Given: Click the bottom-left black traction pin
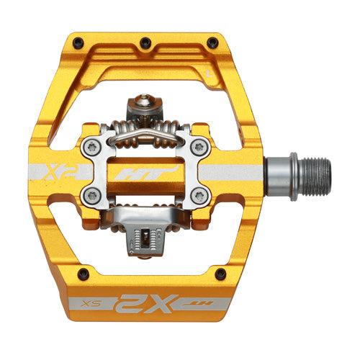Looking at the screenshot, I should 81,273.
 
